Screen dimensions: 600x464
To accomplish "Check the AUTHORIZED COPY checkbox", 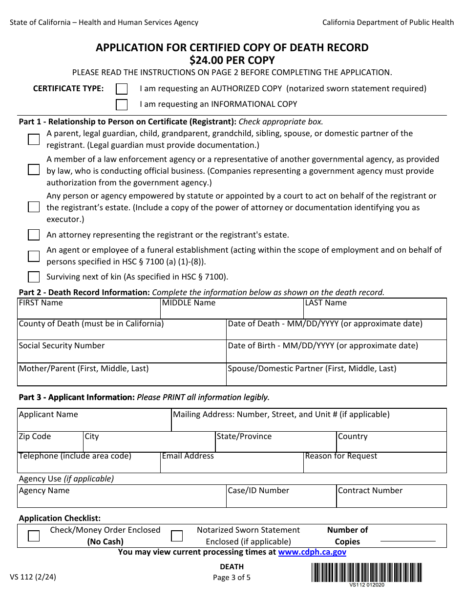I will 122,89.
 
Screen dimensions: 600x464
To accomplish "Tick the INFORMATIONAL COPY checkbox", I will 122,104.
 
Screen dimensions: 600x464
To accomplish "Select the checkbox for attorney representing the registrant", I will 34,235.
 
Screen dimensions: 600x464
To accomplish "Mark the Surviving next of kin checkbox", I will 34,277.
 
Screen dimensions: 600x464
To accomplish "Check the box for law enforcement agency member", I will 34,170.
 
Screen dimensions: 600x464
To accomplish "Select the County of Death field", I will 121,333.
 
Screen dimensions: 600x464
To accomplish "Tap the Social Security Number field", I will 121,355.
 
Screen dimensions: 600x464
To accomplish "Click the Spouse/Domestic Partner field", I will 336,378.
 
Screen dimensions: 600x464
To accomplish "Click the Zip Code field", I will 50,445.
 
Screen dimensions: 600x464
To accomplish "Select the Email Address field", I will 232,465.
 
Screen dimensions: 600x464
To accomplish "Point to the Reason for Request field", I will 375,465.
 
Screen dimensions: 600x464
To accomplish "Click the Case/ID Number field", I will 281,500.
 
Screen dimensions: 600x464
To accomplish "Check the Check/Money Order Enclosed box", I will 34,536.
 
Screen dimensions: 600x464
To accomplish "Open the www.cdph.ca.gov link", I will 312,552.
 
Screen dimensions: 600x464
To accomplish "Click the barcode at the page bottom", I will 366,573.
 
